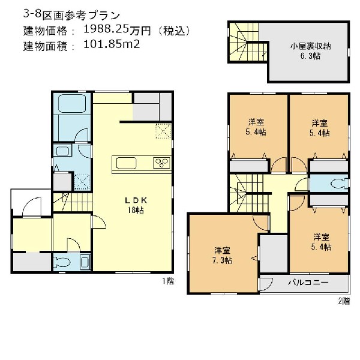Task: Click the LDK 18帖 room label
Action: click(x=136, y=205)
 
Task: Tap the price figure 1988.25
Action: click(x=106, y=30)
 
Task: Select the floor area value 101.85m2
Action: click(x=112, y=44)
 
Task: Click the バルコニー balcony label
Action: click(x=308, y=282)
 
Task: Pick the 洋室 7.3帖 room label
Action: click(x=222, y=256)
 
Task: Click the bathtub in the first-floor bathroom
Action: click(x=72, y=104)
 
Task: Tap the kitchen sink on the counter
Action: click(x=126, y=163)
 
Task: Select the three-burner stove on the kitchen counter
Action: click(x=161, y=163)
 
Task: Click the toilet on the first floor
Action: click(x=62, y=262)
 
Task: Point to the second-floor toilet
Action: click(x=340, y=183)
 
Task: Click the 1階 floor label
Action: click(x=168, y=281)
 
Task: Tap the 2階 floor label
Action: click(x=344, y=301)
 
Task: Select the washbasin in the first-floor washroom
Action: click(x=62, y=152)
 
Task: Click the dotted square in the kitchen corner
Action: click(x=163, y=131)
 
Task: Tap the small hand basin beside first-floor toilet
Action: click(x=85, y=262)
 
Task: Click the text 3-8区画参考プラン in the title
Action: click(x=71, y=15)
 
